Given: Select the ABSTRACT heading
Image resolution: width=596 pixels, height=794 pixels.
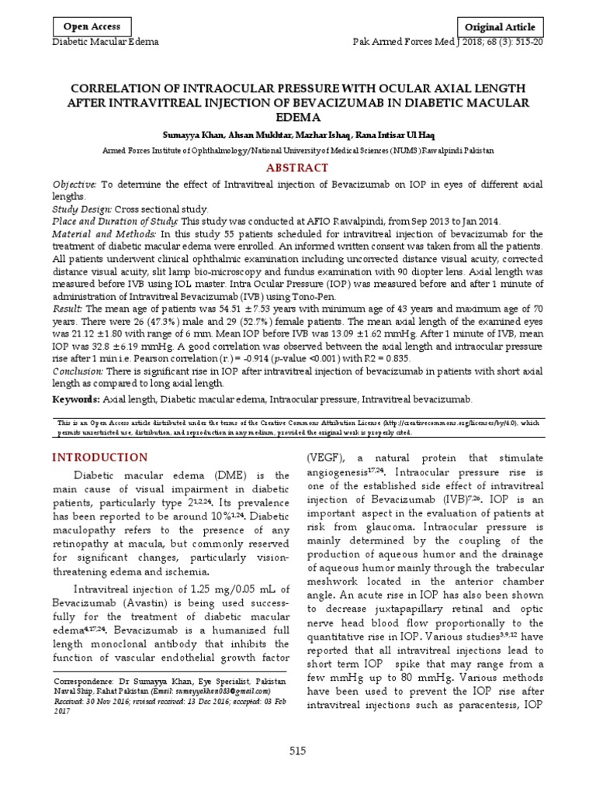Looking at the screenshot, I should click(x=298, y=167).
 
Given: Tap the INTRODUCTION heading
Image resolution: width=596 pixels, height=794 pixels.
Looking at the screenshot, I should click(x=99, y=457).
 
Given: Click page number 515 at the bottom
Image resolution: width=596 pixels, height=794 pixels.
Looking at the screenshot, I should click(x=298, y=751).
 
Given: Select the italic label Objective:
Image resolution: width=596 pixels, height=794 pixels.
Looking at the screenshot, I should click(x=74, y=184).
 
